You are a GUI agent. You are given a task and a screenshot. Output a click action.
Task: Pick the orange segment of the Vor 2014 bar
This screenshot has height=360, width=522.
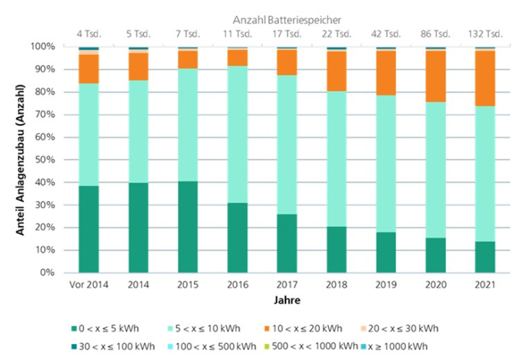89,69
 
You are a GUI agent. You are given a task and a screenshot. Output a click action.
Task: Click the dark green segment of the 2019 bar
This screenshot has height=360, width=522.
386,252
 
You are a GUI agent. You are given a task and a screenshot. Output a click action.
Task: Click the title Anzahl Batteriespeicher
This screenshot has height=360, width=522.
287,20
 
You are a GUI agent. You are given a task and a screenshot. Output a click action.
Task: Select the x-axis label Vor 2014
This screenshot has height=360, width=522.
89,286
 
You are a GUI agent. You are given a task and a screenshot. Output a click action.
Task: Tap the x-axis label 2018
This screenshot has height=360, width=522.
337,286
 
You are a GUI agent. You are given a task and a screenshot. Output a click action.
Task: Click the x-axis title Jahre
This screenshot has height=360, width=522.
286,300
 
